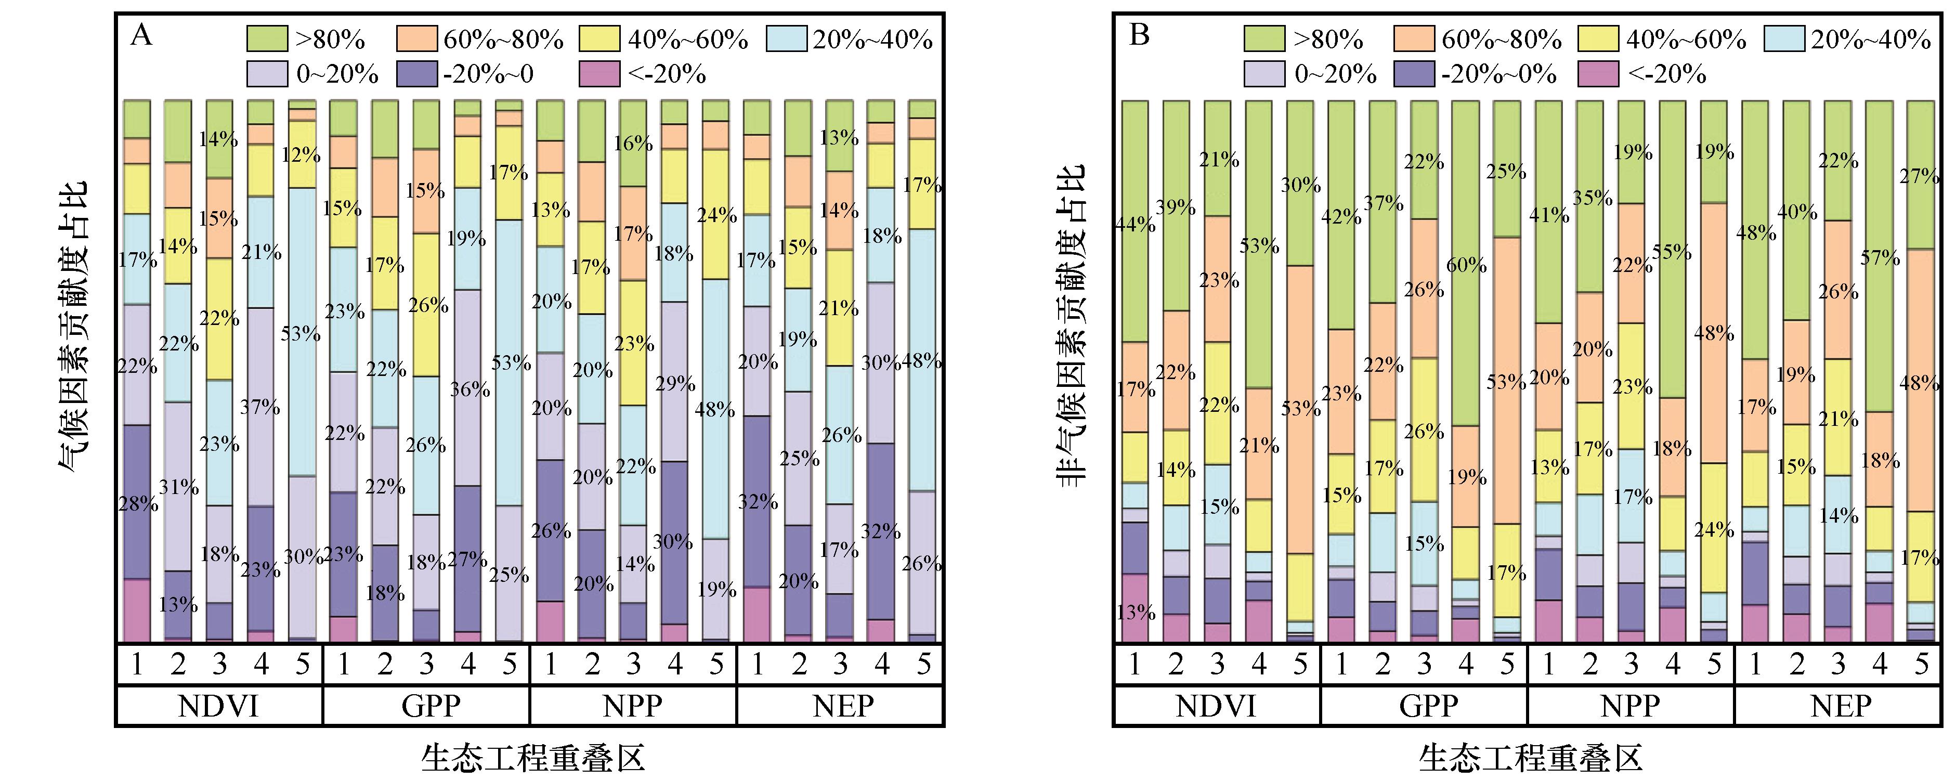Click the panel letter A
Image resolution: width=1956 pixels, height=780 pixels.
point(141,35)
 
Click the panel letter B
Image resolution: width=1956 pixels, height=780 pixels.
point(1139,35)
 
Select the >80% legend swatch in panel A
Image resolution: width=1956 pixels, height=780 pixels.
point(267,38)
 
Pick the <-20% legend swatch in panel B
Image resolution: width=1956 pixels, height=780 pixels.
point(1598,74)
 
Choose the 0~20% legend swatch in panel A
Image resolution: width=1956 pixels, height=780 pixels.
point(267,74)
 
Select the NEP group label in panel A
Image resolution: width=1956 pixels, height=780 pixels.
point(842,706)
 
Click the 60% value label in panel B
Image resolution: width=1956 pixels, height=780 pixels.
point(1466,265)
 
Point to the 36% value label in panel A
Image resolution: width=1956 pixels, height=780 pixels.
point(470,389)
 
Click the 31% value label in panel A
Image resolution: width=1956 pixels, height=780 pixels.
point(178,487)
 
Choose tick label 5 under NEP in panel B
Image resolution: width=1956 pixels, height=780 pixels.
point(1921,665)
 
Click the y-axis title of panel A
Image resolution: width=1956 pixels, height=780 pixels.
point(74,327)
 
